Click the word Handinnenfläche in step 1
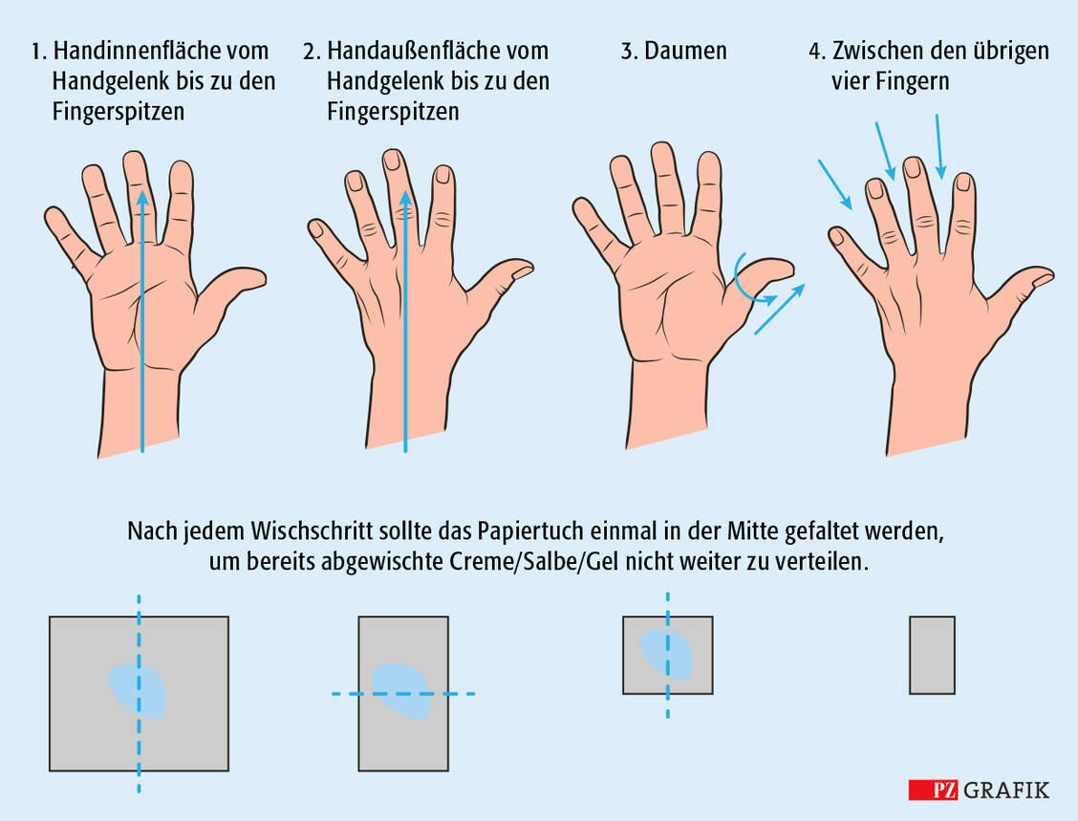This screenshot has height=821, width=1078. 161,51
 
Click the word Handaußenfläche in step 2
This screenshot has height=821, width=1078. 438,51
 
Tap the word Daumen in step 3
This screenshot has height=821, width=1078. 685,51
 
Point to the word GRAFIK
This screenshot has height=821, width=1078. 1006,790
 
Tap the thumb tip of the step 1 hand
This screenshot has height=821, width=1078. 261,277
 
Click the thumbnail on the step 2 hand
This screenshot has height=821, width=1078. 523,270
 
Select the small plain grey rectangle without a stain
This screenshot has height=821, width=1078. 932,656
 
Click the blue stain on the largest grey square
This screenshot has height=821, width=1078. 138,691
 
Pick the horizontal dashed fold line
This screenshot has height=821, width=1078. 403,694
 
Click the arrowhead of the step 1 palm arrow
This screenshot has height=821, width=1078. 141,198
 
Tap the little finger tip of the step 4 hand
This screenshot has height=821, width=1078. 835,235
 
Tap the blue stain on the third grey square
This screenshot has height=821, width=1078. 667,655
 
